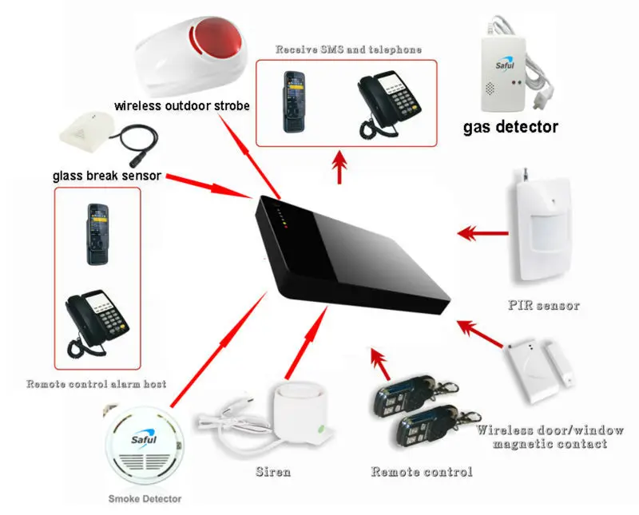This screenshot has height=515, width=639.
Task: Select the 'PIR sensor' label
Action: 543,305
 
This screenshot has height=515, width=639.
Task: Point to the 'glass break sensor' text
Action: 107,176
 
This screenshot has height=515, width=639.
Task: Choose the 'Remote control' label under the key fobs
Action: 421,471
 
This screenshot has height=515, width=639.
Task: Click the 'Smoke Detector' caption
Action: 145,499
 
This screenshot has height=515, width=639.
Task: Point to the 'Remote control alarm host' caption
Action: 96,384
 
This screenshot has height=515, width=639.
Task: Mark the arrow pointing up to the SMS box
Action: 342,168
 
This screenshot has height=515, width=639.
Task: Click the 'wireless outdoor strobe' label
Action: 181,105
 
